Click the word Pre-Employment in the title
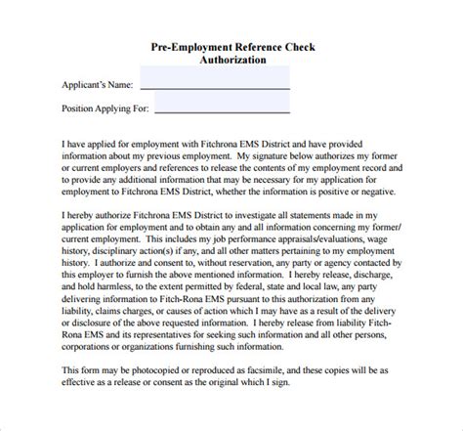coord(193,45)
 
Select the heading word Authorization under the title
coord(231,59)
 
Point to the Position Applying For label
coord(104,108)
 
